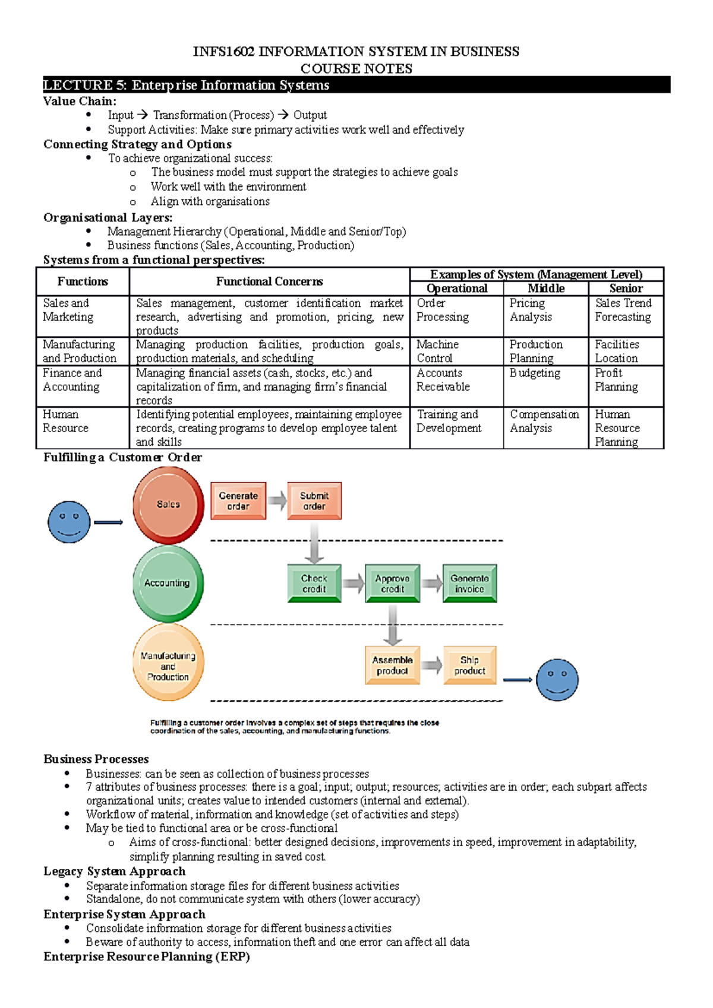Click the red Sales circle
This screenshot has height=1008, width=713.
[168, 505]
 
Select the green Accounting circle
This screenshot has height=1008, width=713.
[168, 583]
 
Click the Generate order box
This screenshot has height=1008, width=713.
[238, 501]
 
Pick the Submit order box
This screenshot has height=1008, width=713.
[314, 501]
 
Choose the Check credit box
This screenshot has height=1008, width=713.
[314, 584]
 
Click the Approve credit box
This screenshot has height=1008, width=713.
[392, 584]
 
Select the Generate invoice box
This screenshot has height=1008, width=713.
[469, 584]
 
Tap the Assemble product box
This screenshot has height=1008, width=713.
[392, 665]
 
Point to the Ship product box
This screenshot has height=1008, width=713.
[469, 665]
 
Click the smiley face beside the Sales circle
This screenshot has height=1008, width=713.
[69, 522]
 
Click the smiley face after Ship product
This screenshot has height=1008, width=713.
[557, 680]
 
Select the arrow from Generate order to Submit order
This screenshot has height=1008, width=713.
[277, 501]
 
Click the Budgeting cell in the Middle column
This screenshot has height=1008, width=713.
[535, 373]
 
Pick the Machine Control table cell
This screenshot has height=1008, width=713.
[437, 351]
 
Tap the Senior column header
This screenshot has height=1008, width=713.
[626, 289]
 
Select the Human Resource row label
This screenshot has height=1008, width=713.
[65, 421]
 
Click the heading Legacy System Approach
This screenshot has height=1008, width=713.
[114, 871]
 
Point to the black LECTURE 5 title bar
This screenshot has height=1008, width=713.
[356, 85]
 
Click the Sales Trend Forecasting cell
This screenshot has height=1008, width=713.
[623, 310]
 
